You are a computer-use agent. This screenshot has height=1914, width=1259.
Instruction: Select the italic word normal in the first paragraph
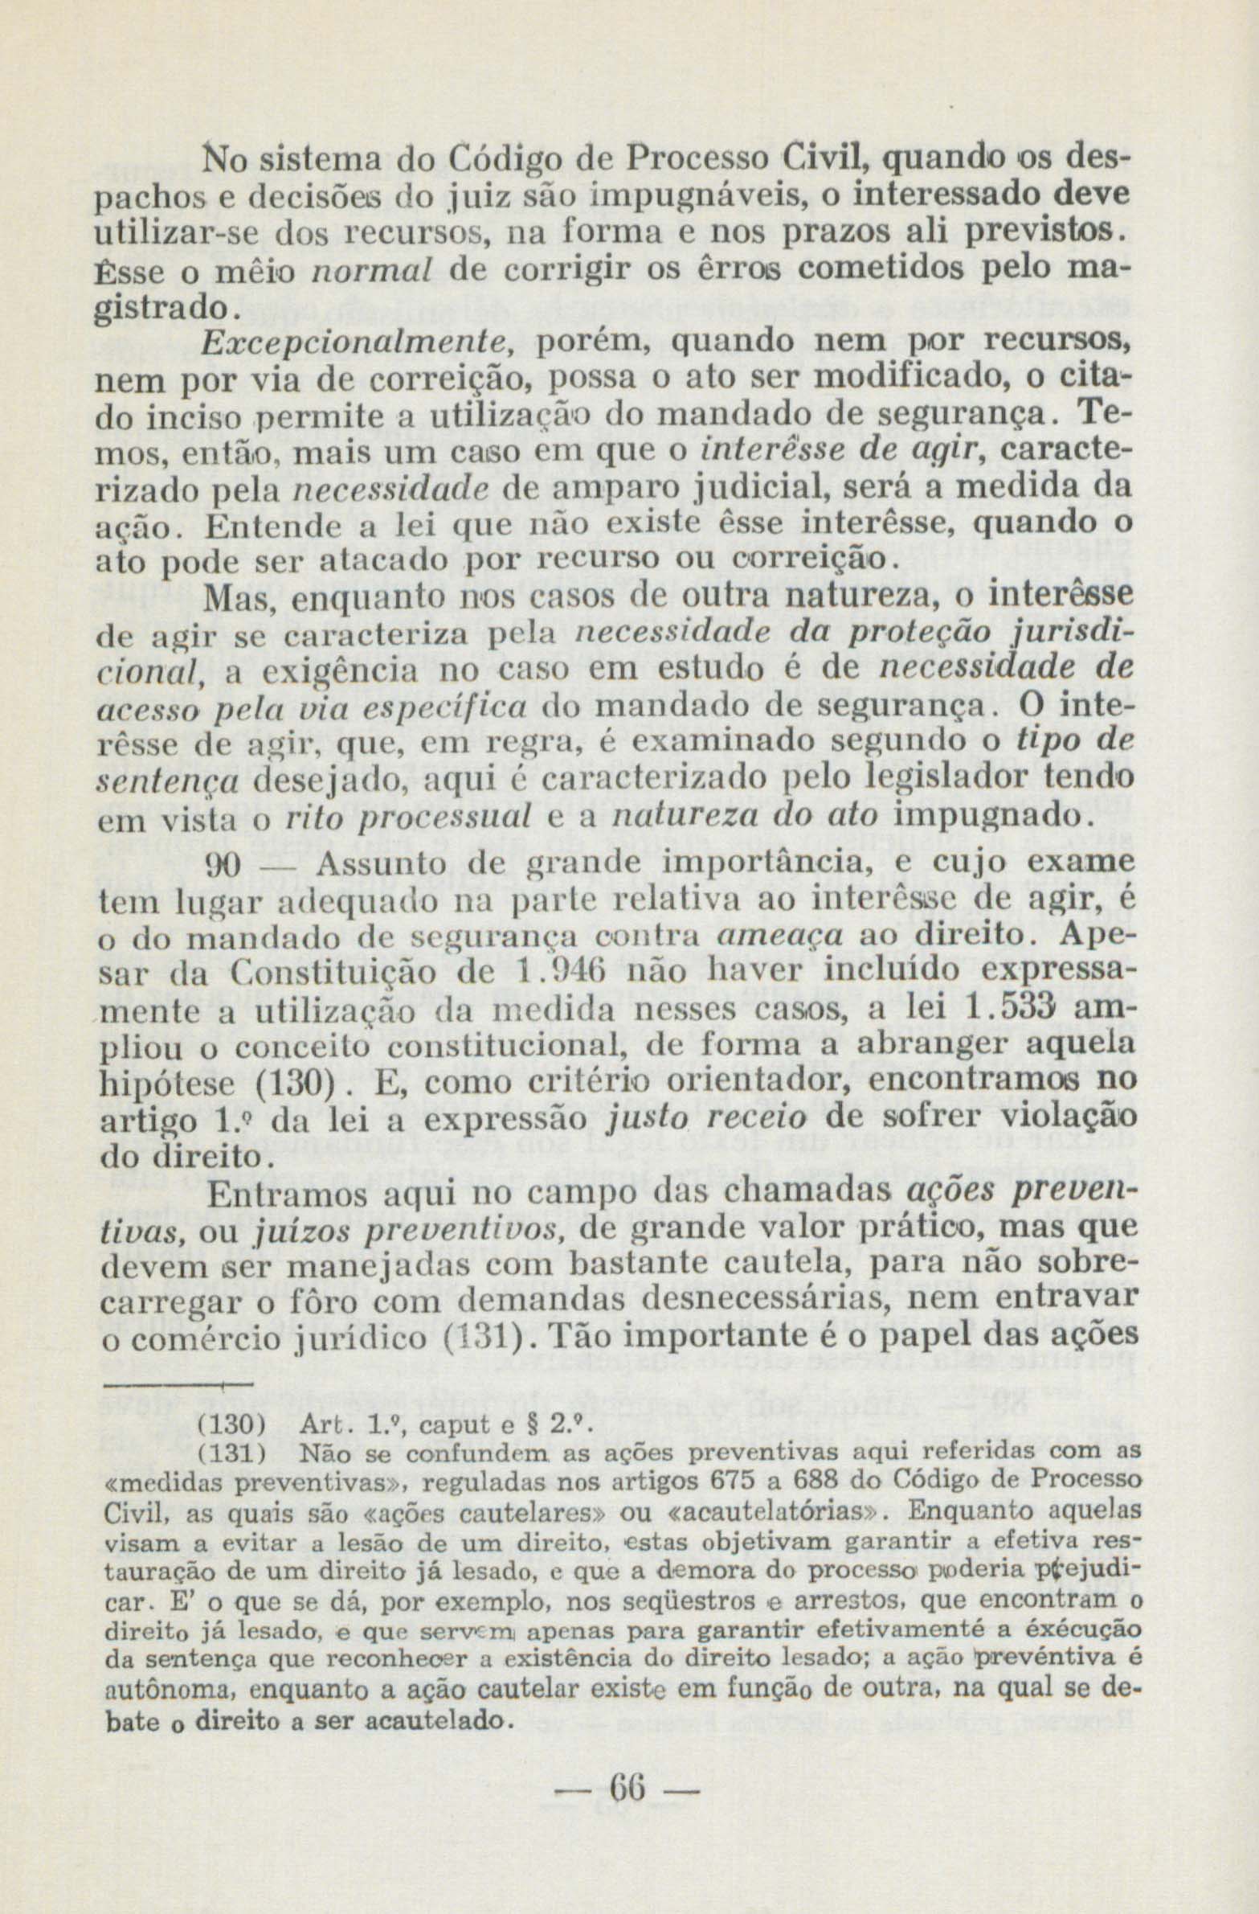371,270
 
